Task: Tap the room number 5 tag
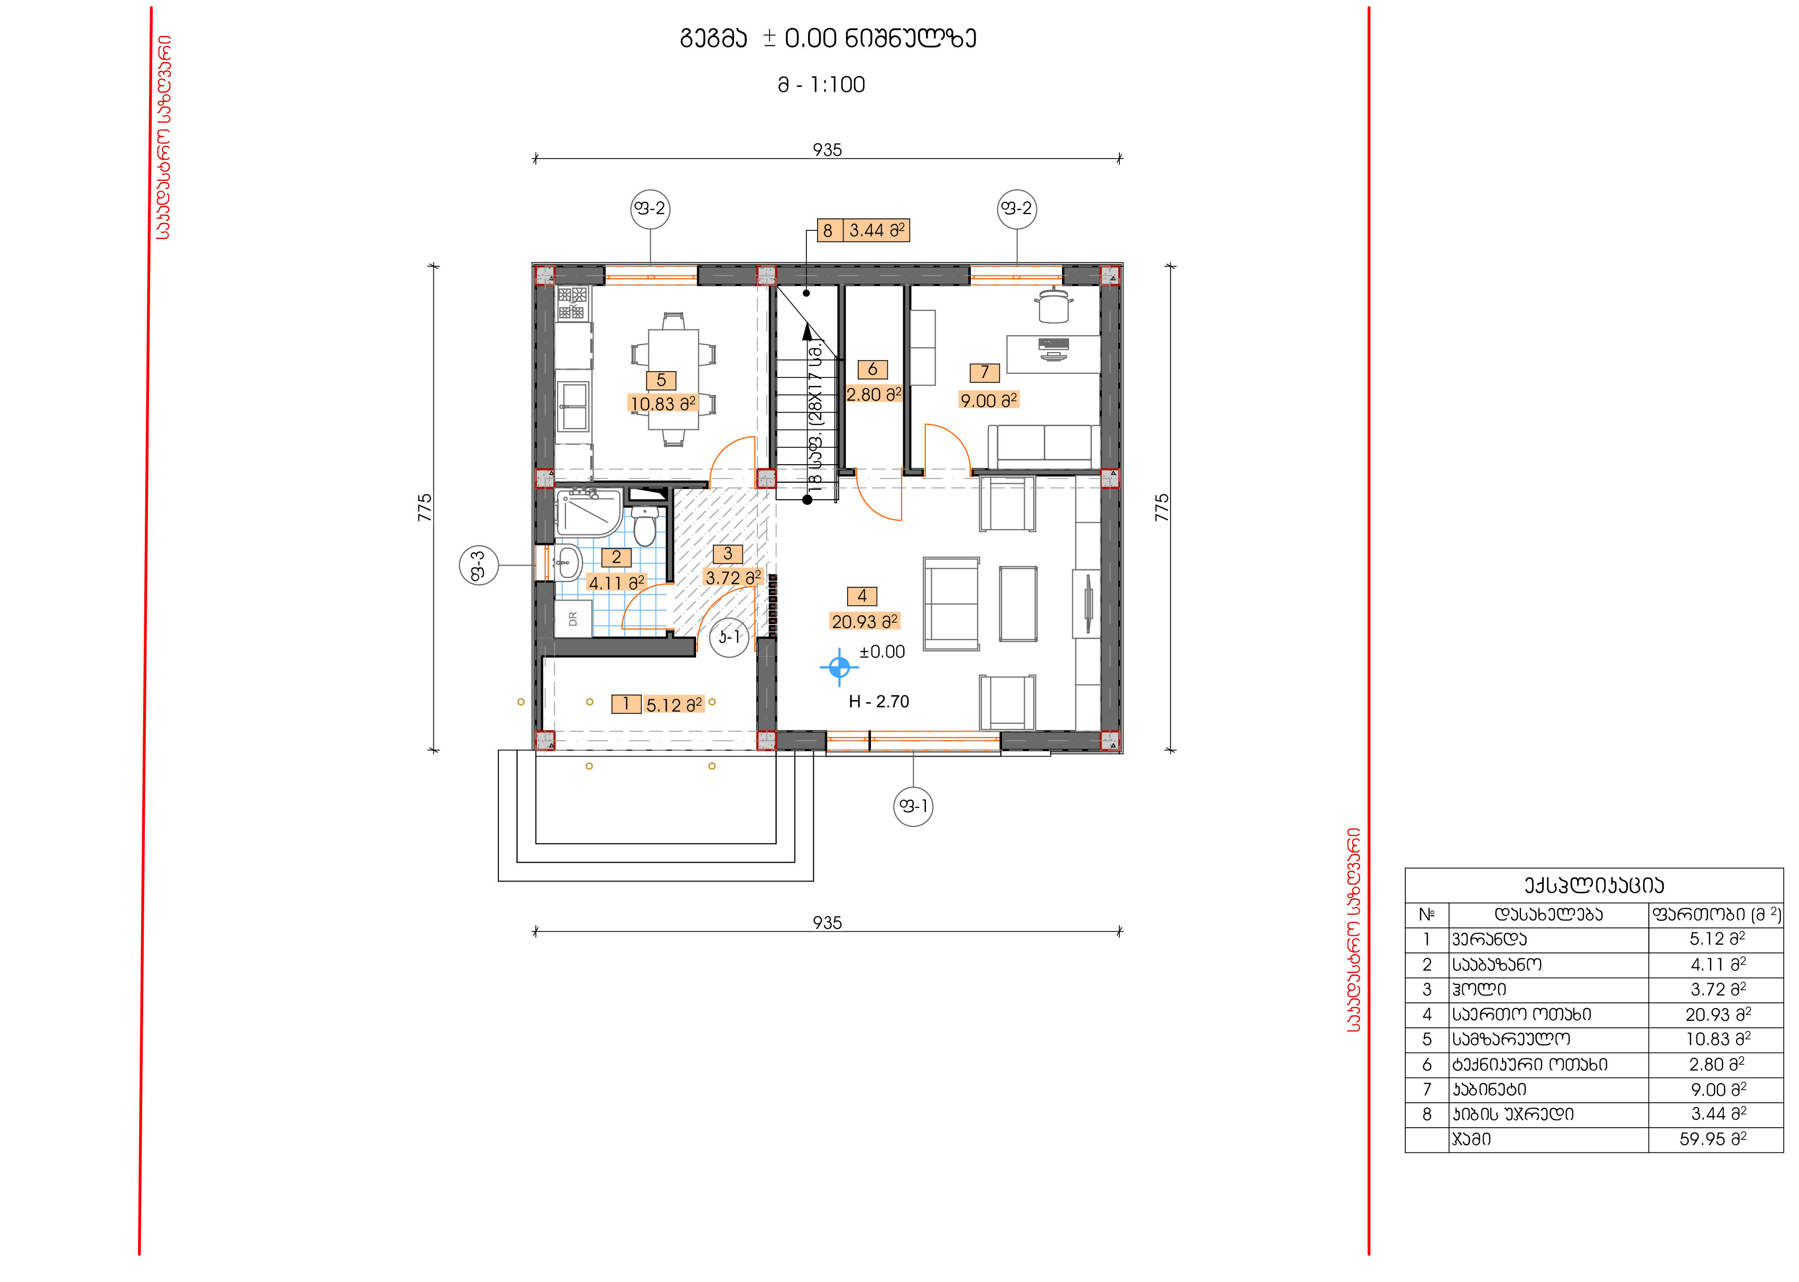tap(661, 381)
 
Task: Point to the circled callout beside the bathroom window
tap(479, 565)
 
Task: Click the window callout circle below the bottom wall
tap(914, 806)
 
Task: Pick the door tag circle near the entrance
tap(730, 637)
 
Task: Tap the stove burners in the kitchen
tap(572, 303)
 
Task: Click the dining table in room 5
tap(673, 379)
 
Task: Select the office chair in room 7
tap(1055, 306)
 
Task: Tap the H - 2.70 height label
tap(879, 701)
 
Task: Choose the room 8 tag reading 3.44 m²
tap(863, 230)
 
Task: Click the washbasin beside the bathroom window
tap(568, 564)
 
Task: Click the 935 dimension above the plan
tap(828, 150)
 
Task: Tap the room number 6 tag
tap(873, 370)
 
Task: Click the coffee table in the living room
tap(1018, 604)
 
